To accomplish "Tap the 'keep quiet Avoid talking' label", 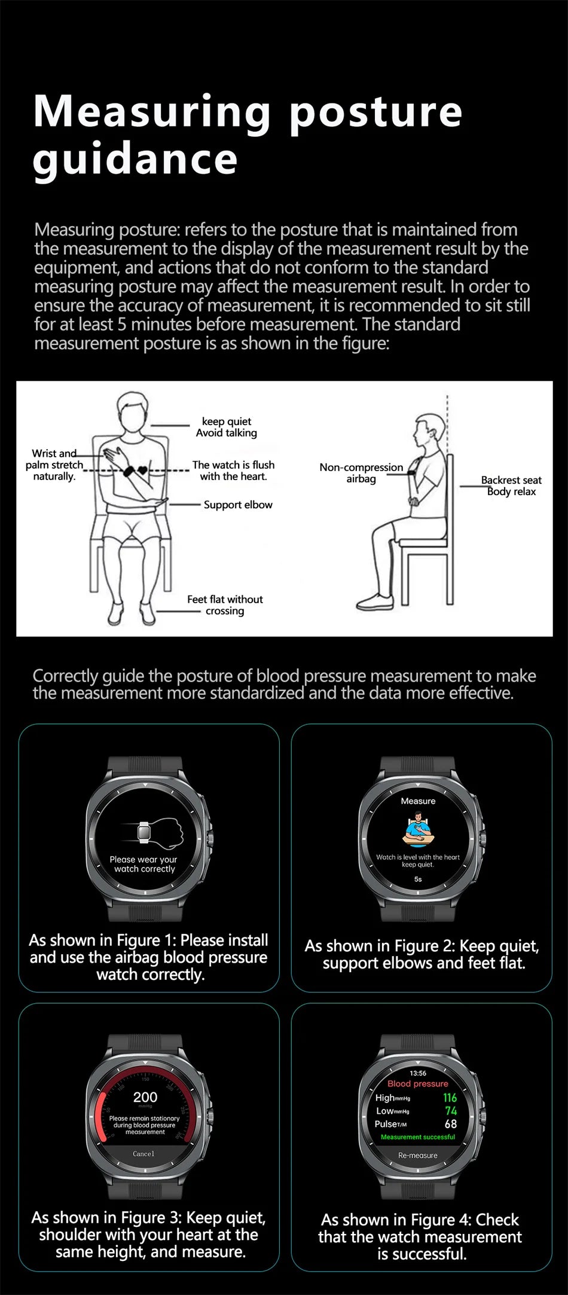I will pyautogui.click(x=226, y=427).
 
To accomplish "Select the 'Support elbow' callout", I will pyautogui.click(x=237, y=505).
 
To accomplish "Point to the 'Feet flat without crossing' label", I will pyautogui.click(x=225, y=604).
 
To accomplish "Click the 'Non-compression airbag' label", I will pyautogui.click(x=361, y=472).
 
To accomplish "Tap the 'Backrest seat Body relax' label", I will pyautogui.click(x=511, y=485).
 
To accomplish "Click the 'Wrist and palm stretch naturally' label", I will pyautogui.click(x=54, y=465).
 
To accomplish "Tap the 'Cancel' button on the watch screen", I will pyautogui.click(x=143, y=1154).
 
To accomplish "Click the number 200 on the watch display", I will pyautogui.click(x=145, y=1097).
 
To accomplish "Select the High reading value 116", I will pyautogui.click(x=450, y=1098).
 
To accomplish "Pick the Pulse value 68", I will pyautogui.click(x=450, y=1124).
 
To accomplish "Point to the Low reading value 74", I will pyautogui.click(x=451, y=1111).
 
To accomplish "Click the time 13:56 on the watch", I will pyautogui.click(x=418, y=1073).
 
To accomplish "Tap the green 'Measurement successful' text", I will pyautogui.click(x=418, y=1137).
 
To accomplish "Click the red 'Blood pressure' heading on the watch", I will pyautogui.click(x=417, y=1083).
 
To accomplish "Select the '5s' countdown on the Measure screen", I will pyautogui.click(x=418, y=879).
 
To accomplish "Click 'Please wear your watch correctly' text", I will pyautogui.click(x=144, y=864).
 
